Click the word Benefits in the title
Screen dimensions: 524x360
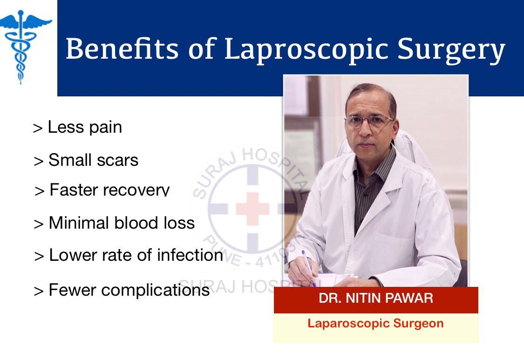pyautogui.click(x=122, y=49)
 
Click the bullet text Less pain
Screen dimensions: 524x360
pyautogui.click(x=85, y=127)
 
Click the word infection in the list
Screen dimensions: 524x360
pyautogui.click(x=190, y=255)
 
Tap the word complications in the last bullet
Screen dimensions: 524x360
pyautogui.click(x=156, y=290)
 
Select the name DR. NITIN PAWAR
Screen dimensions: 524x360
pyautogui.click(x=376, y=298)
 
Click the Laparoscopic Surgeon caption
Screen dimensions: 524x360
pyautogui.click(x=375, y=324)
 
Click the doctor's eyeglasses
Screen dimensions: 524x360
pyautogui.click(x=368, y=121)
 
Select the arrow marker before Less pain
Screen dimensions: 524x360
pyautogui.click(x=38, y=129)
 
